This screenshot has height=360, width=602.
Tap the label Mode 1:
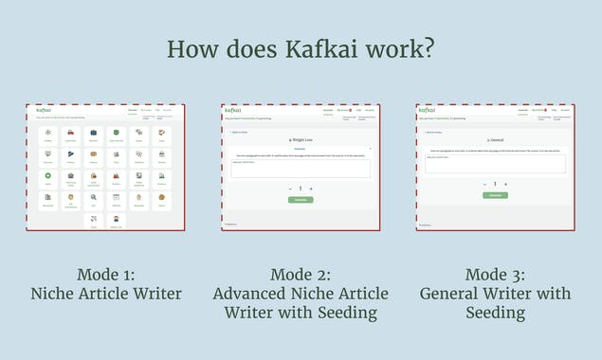tap(104, 275)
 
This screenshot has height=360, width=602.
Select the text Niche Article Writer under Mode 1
tap(104, 294)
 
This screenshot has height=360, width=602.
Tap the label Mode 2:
tap(300, 275)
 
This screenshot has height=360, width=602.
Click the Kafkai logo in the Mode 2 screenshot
tap(233, 111)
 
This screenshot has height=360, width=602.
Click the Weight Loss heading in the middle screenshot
tap(301, 139)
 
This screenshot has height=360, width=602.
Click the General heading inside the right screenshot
tap(494, 138)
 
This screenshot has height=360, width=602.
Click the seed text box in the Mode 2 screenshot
tap(301, 169)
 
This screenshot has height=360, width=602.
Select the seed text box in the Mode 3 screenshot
tap(494, 164)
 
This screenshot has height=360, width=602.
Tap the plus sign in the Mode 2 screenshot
tap(311, 189)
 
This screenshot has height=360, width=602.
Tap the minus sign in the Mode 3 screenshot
tap(483, 184)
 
